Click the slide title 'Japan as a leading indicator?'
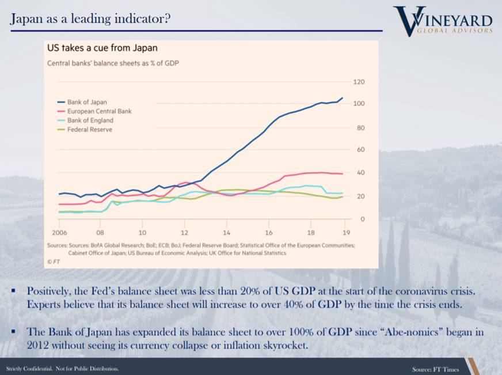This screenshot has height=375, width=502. coord(90,19)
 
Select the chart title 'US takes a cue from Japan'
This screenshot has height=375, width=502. coord(102,48)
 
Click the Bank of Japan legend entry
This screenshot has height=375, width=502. coord(87,102)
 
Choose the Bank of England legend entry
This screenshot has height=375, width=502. coord(90,120)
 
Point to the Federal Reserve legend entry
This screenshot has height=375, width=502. coord(89,130)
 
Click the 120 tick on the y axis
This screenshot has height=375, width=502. coord(359,82)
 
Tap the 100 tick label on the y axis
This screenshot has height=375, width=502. coord(359,104)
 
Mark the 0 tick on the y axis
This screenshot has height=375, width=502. coord(363,219)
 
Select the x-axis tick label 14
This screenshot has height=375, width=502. coord(226,234)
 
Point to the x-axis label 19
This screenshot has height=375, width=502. coord(345,234)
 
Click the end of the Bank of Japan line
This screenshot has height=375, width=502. coord(342,98)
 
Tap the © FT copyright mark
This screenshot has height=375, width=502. coord(53,261)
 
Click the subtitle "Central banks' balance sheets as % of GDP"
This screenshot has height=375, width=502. coord(113,63)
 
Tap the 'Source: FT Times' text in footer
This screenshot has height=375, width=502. coord(435,369)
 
